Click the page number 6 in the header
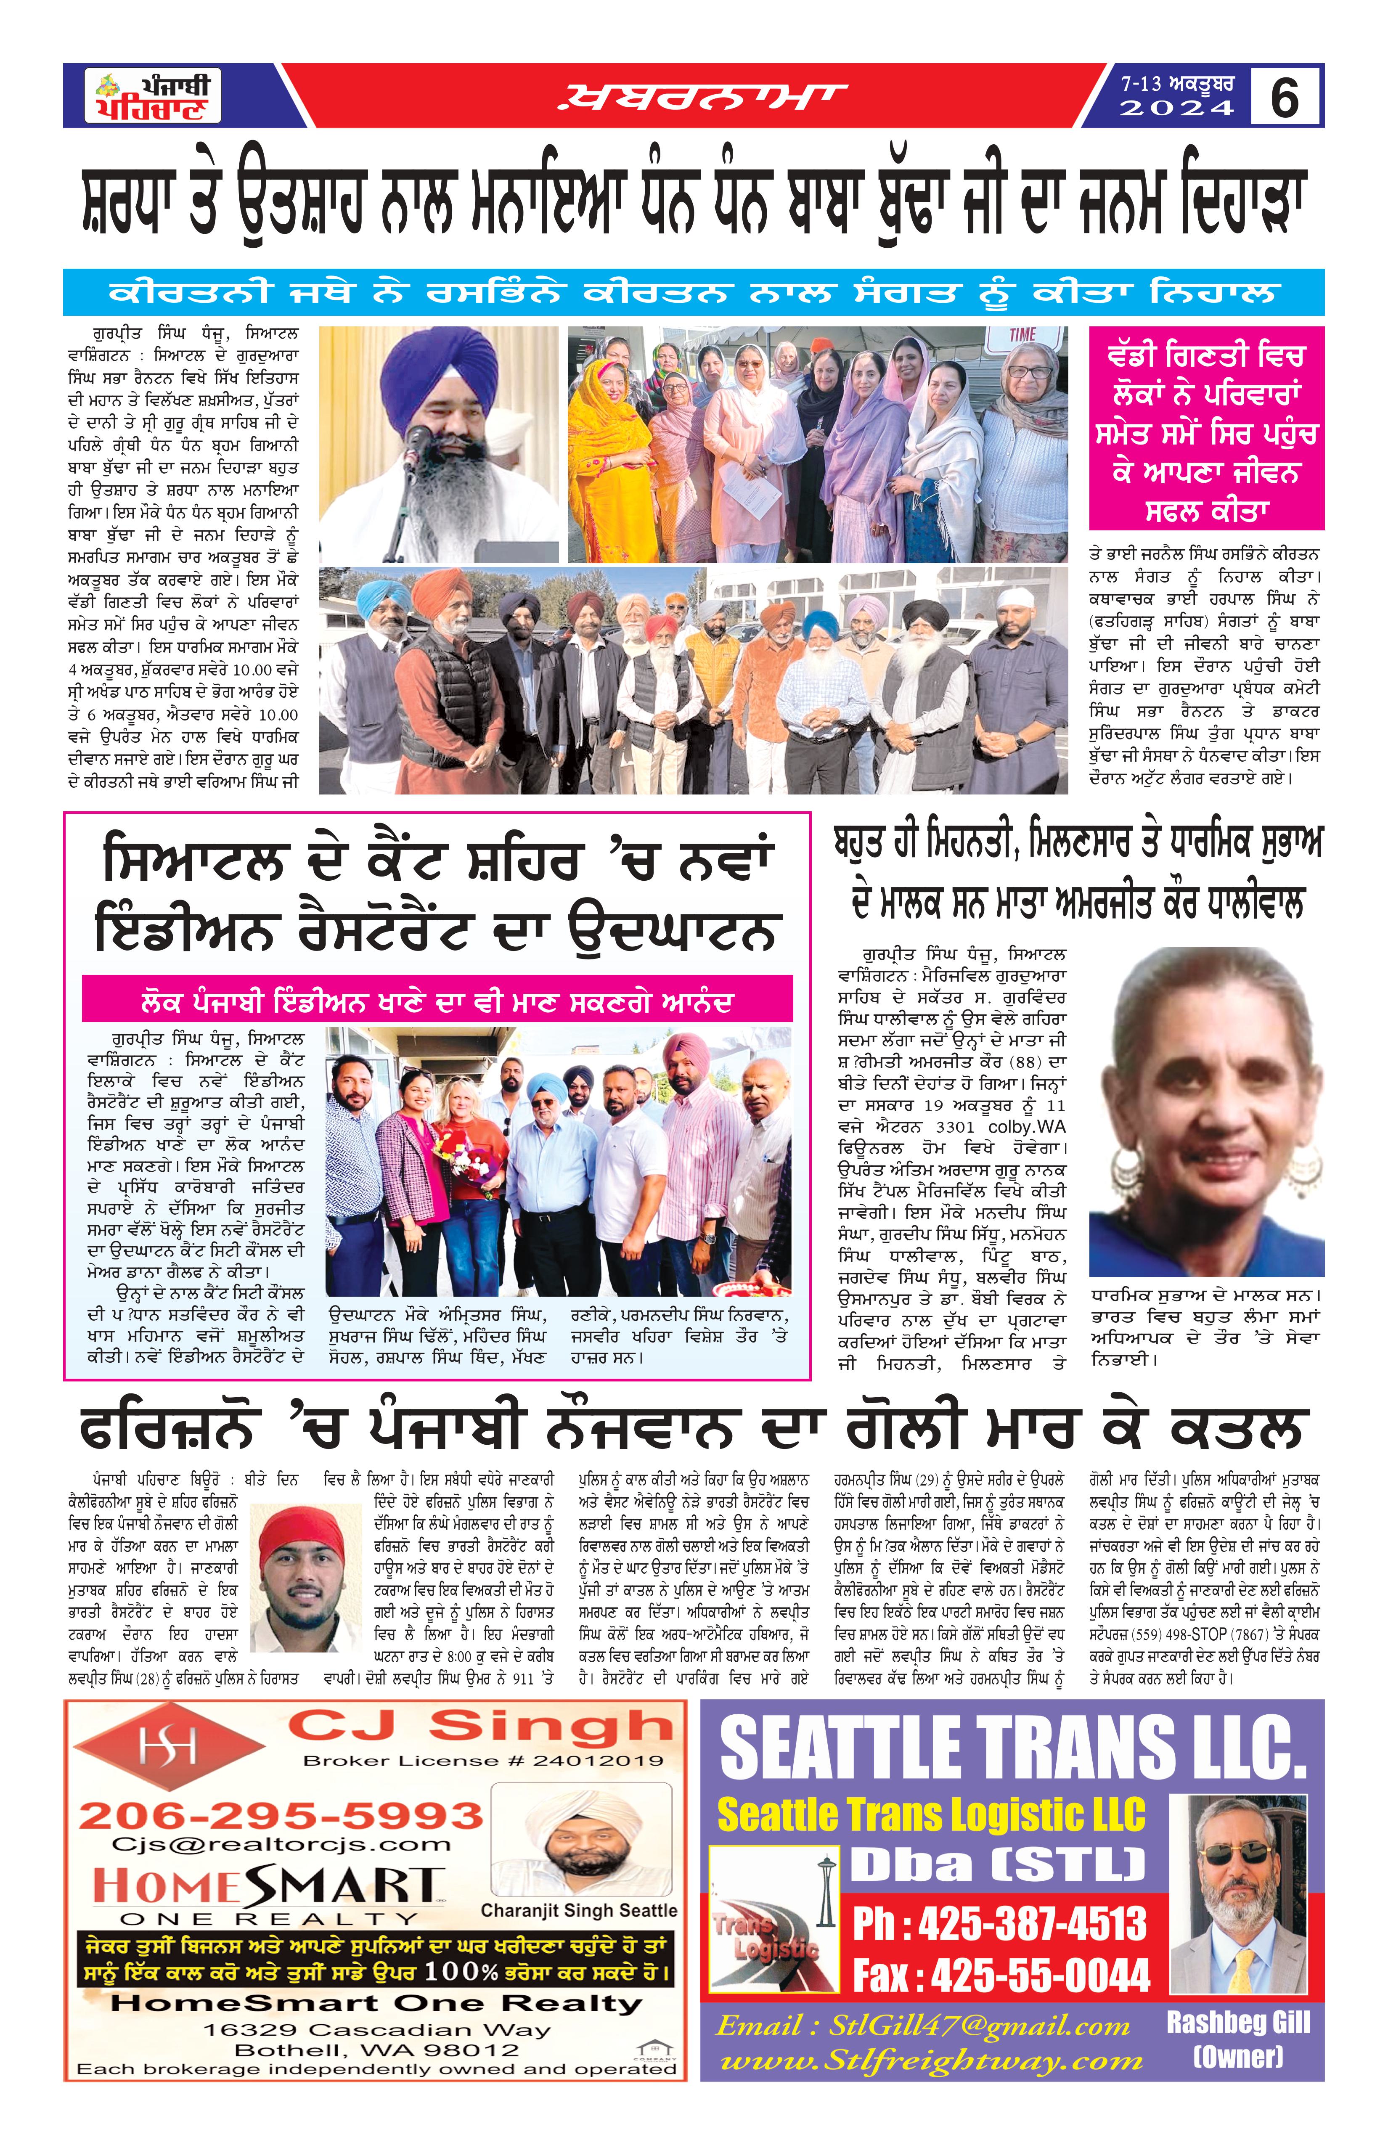point(1285,96)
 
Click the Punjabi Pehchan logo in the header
point(153,96)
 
